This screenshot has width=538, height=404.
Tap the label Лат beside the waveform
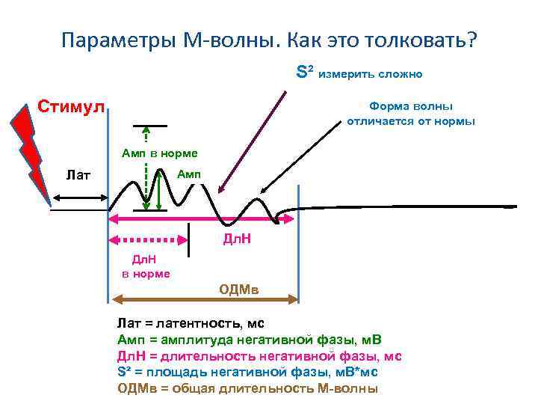tap(78, 175)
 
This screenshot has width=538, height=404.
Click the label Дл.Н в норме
tap(145, 266)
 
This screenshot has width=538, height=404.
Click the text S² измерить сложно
tap(359, 73)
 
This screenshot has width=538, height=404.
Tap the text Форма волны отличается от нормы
tap(410, 114)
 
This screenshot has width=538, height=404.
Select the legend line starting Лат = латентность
tap(191, 324)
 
